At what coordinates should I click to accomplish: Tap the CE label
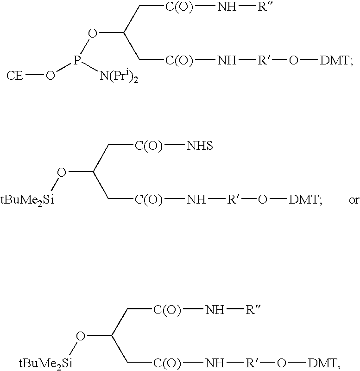(x=15, y=76)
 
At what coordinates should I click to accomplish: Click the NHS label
(x=200, y=146)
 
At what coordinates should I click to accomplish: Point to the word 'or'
(x=354, y=200)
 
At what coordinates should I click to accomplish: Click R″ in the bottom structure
(x=253, y=309)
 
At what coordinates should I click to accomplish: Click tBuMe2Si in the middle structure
(x=27, y=200)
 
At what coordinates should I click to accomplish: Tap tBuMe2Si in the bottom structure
(x=46, y=363)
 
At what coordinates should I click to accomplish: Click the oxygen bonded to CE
(x=50, y=76)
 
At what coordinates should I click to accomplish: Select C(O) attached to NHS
(x=149, y=146)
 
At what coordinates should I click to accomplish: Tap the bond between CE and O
(x=34, y=76)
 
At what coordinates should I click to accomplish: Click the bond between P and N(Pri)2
(x=89, y=66)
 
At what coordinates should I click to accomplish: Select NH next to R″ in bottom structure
(x=215, y=309)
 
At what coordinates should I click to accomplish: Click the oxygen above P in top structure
(x=93, y=33)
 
